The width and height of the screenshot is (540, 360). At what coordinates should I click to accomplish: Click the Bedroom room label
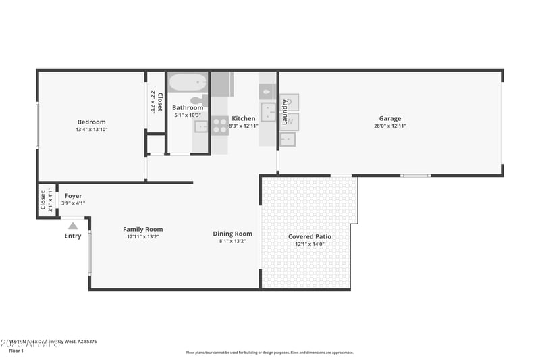(91, 122)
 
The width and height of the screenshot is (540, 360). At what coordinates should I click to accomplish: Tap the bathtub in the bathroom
(187, 82)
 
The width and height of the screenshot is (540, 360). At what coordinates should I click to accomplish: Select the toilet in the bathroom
(199, 100)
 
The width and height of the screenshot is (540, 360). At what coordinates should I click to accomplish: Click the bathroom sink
(200, 126)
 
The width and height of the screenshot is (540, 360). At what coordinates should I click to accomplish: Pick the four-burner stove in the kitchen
(220, 126)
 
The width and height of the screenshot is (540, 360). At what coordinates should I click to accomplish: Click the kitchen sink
(268, 112)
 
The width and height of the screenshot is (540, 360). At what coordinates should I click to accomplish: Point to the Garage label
(389, 118)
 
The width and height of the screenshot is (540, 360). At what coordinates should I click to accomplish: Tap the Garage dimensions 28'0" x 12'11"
(389, 126)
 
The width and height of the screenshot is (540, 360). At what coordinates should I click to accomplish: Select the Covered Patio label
(309, 236)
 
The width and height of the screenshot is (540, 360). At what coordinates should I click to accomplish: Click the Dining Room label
(232, 234)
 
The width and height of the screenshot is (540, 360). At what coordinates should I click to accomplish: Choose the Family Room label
(142, 229)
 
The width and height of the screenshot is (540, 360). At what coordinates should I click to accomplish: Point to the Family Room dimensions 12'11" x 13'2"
(142, 237)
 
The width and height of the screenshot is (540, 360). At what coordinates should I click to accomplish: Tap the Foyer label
(73, 195)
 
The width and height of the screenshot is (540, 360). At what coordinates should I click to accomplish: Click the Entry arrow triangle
(73, 225)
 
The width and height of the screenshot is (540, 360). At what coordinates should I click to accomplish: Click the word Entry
(73, 236)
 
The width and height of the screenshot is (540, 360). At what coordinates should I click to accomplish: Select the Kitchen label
(244, 118)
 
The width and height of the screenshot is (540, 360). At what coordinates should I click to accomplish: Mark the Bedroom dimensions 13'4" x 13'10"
(91, 130)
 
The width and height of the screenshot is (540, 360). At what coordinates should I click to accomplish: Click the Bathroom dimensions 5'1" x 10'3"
(187, 115)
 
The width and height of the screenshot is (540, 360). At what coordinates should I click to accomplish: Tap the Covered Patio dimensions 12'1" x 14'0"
(309, 245)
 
